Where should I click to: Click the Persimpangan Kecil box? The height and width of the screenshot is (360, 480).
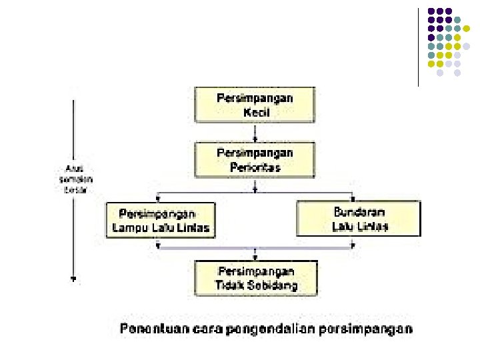pos(255,105)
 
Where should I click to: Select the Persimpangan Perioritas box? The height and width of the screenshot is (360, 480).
pos(255,160)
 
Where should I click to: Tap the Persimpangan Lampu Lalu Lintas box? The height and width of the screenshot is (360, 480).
pos(161,221)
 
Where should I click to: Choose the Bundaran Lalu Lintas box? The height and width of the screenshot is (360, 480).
pos(359,219)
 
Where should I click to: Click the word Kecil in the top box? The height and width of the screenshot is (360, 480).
pos(256,113)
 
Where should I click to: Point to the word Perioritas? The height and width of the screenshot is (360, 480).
pos(255,167)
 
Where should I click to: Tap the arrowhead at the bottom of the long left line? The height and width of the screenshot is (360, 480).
pos(73,279)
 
